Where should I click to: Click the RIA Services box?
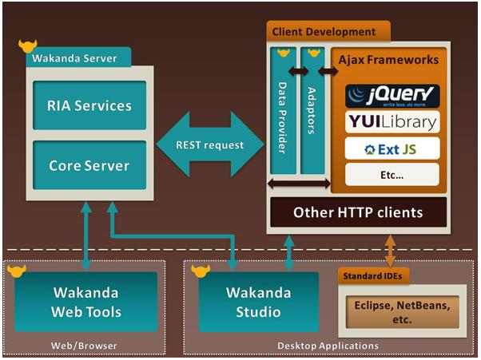(x=89, y=106)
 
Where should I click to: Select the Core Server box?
(x=89, y=166)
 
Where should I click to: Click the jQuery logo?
(x=392, y=97)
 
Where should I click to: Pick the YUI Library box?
(x=392, y=122)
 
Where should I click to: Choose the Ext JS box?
(x=392, y=148)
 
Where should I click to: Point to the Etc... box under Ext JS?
(x=392, y=173)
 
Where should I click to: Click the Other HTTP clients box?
(x=357, y=213)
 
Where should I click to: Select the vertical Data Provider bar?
(x=282, y=111)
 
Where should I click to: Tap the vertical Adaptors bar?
(x=312, y=111)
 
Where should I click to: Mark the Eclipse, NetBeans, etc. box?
(x=401, y=311)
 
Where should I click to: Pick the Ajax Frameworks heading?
(x=388, y=60)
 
